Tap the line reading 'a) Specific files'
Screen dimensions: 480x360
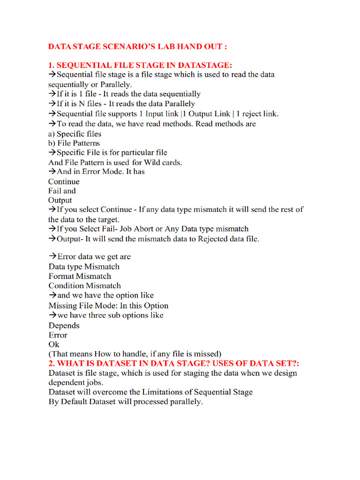pyautogui.click(x=68, y=134)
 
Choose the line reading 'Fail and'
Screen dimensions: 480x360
pyautogui.click(x=62, y=191)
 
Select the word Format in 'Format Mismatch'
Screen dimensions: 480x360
pyautogui.click(x=61, y=276)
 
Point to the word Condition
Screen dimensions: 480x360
pyautogui.click(x=67, y=285)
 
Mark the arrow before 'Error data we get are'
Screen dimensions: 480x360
pyautogui.click(x=52, y=257)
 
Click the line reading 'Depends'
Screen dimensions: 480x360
pyautogui.click(x=64, y=325)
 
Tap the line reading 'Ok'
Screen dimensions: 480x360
pyautogui.click(x=54, y=345)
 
